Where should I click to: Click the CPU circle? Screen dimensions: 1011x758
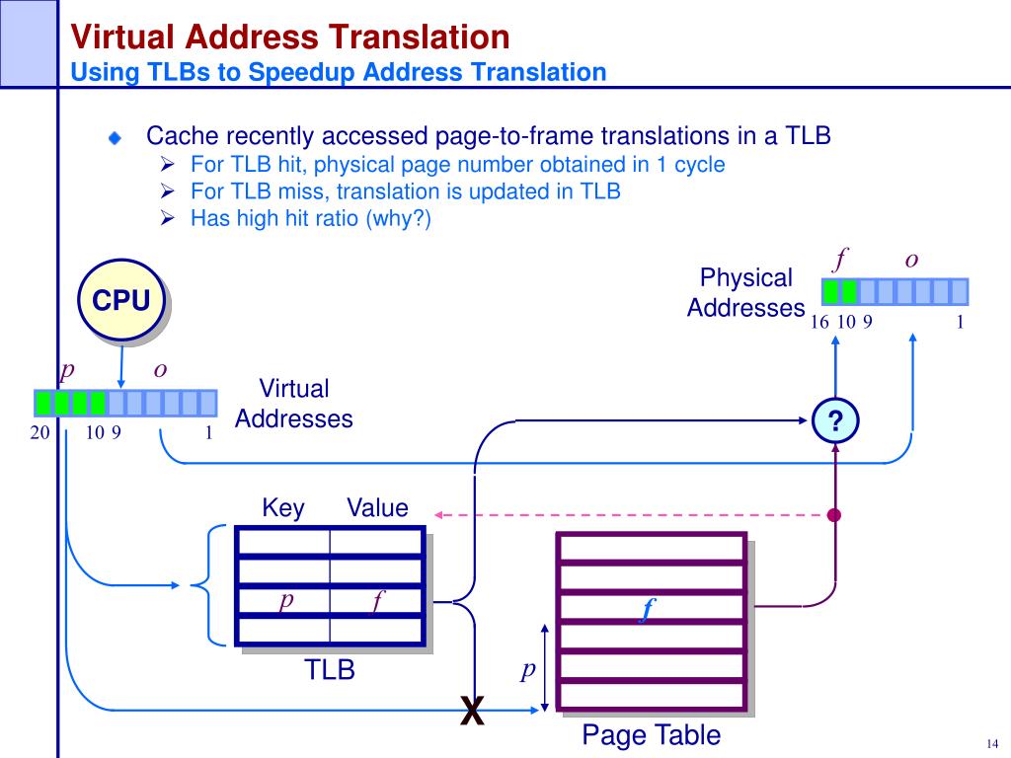[121, 300]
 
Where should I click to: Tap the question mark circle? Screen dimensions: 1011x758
[835, 420]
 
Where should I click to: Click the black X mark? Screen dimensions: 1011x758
[472, 711]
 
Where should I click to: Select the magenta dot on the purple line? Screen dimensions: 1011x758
[834, 515]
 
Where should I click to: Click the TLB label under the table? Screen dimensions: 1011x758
[330, 670]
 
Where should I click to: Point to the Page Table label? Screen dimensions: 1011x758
[652, 734]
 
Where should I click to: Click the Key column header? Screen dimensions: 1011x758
[283, 508]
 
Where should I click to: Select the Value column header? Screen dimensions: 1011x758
[377, 508]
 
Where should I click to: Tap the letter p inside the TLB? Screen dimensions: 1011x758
[285, 599]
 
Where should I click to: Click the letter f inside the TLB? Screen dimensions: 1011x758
[377, 601]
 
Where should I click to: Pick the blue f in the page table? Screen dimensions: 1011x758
[647, 609]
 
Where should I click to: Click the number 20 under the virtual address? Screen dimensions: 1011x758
[39, 432]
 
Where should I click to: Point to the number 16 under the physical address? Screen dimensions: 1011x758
[819, 322]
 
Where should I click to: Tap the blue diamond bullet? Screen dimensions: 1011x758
[115, 137]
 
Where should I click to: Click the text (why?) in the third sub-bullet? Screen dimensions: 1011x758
[399, 218]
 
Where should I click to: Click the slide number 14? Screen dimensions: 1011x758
[992, 744]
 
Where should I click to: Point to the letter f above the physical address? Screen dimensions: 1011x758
[841, 260]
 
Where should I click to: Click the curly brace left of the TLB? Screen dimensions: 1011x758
[208, 585]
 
